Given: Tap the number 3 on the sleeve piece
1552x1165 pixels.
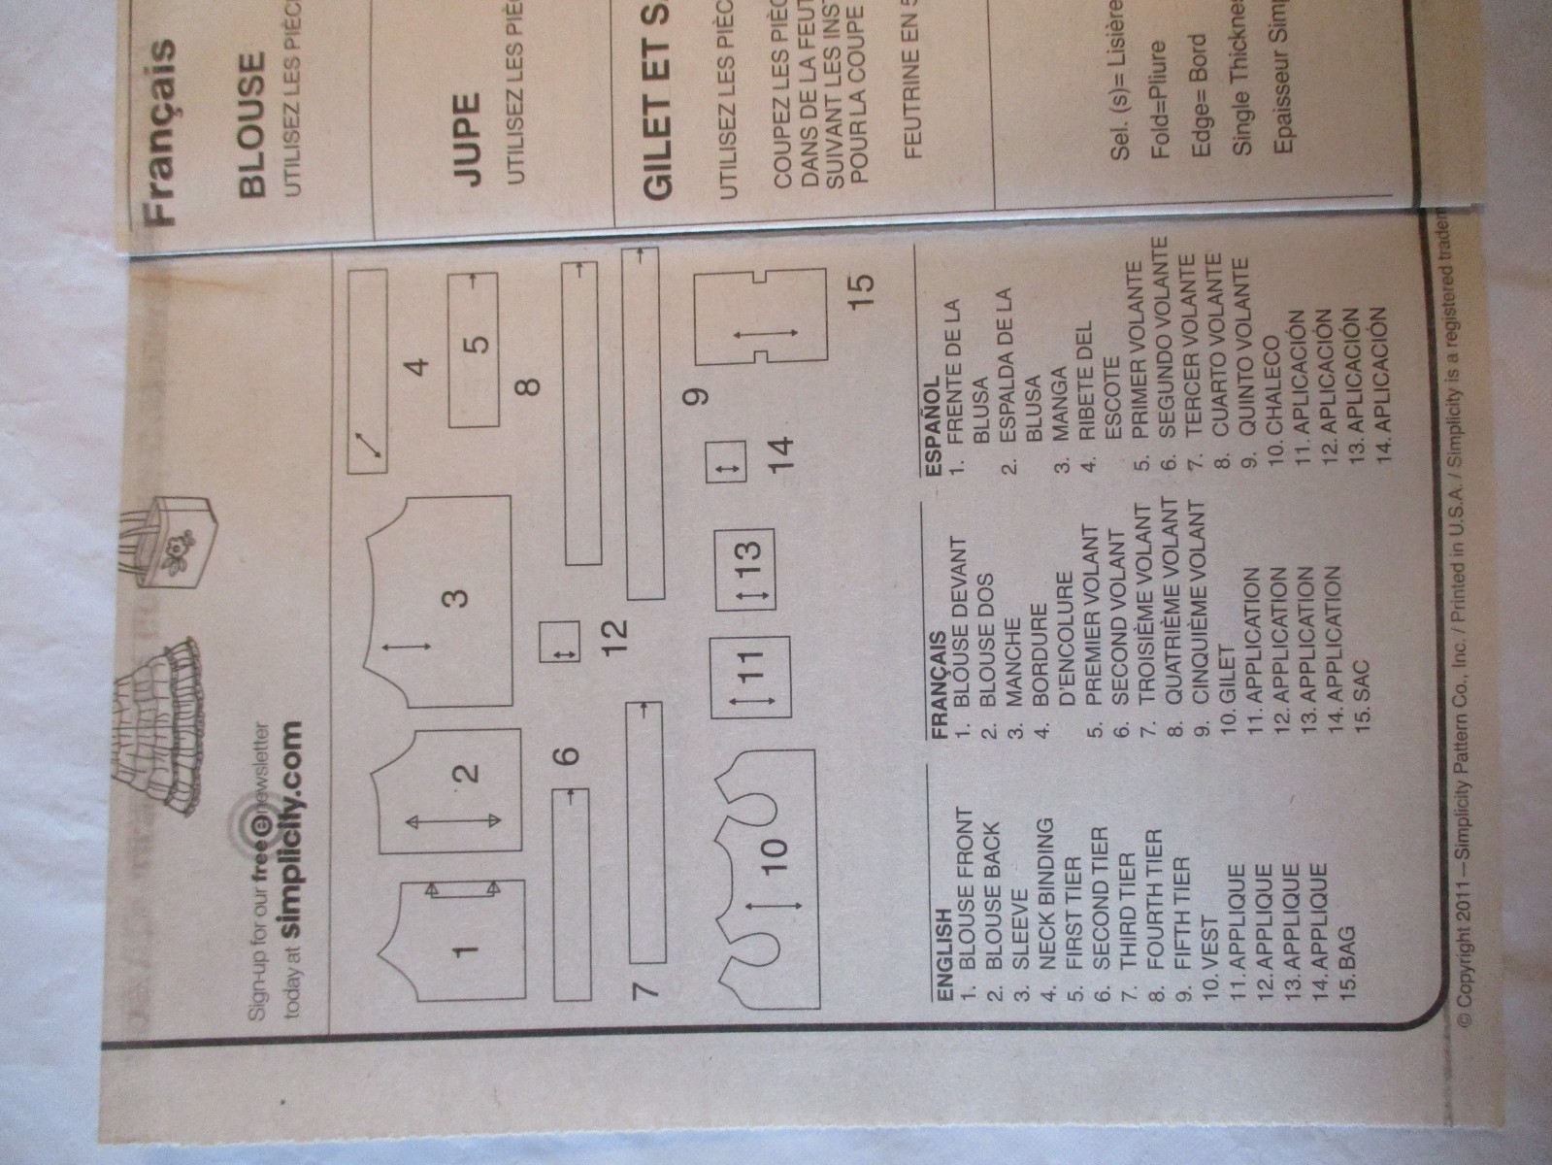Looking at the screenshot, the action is [x=456, y=597].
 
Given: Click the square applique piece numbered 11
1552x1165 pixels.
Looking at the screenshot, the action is [x=748, y=676].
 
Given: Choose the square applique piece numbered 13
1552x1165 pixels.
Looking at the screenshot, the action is [x=744, y=568].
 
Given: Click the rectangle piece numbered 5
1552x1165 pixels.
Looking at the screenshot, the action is [x=475, y=349].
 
